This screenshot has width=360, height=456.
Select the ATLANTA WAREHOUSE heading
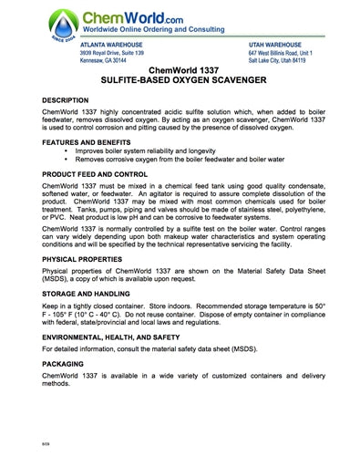(x=111, y=45)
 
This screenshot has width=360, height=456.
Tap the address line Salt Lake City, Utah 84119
(x=290, y=62)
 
